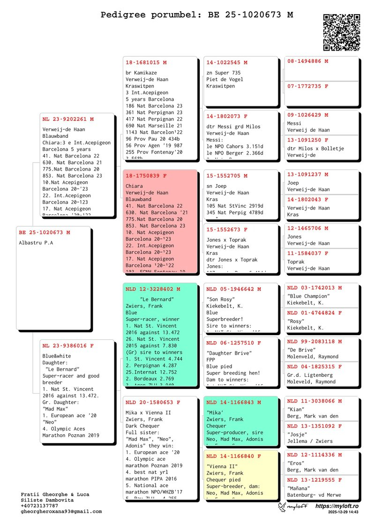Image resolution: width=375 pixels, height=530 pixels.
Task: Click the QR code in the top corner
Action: point(342,32)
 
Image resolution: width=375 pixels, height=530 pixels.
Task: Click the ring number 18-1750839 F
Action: point(146,176)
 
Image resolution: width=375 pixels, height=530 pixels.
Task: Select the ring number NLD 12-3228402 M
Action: point(152,289)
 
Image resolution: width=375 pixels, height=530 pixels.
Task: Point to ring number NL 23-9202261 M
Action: point(67,119)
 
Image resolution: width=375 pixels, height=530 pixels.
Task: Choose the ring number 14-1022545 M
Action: point(227,62)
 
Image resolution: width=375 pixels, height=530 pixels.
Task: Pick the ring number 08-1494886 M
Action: point(307,61)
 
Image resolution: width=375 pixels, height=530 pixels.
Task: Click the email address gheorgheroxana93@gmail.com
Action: point(61,511)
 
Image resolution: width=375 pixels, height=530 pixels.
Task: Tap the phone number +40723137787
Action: point(39,506)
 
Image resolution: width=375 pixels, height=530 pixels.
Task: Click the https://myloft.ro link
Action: point(337,506)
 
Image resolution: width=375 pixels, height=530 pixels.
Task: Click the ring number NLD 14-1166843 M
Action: point(233,403)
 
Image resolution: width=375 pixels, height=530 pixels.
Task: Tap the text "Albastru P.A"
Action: point(36,243)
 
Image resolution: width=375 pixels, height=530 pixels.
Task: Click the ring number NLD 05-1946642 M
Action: point(233,289)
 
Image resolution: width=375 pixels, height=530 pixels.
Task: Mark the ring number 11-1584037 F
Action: point(307,254)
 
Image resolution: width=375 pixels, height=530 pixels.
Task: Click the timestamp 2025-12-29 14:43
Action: point(343,513)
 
